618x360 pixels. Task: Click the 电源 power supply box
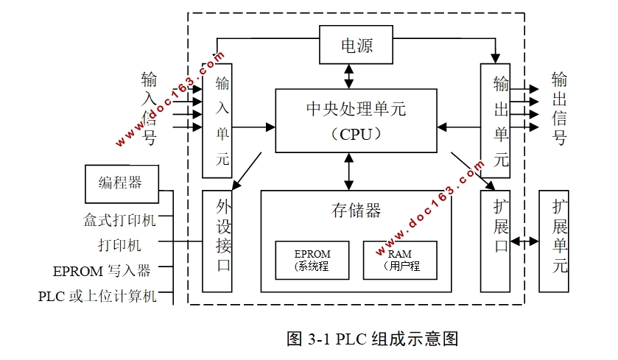click(357, 45)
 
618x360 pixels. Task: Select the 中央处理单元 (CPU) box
click(356, 121)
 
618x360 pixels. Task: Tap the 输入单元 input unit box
click(217, 120)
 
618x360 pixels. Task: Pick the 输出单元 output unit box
click(495, 120)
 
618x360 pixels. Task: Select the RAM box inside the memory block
click(400, 260)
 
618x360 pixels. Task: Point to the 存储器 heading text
click(356, 211)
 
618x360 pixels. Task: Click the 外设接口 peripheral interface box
click(217, 240)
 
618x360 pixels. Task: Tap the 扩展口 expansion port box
click(495, 240)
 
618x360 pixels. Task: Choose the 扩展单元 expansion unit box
click(554, 240)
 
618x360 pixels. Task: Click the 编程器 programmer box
click(120, 183)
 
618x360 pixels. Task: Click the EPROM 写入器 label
click(102, 271)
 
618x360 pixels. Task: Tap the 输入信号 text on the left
click(149, 108)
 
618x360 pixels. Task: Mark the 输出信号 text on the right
click(559, 108)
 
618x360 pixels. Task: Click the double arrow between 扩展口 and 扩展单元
click(524, 241)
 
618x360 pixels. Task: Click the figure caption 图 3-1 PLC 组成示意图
click(372, 339)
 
